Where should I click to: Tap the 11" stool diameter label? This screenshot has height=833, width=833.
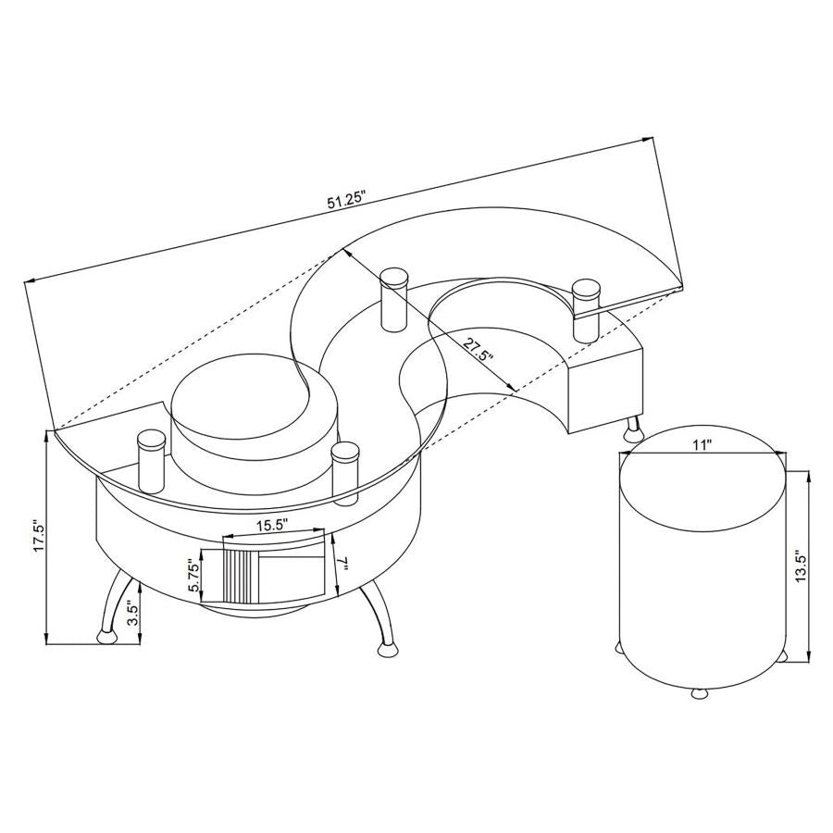(x=702, y=445)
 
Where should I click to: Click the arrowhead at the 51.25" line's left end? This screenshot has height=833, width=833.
(x=31, y=281)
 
